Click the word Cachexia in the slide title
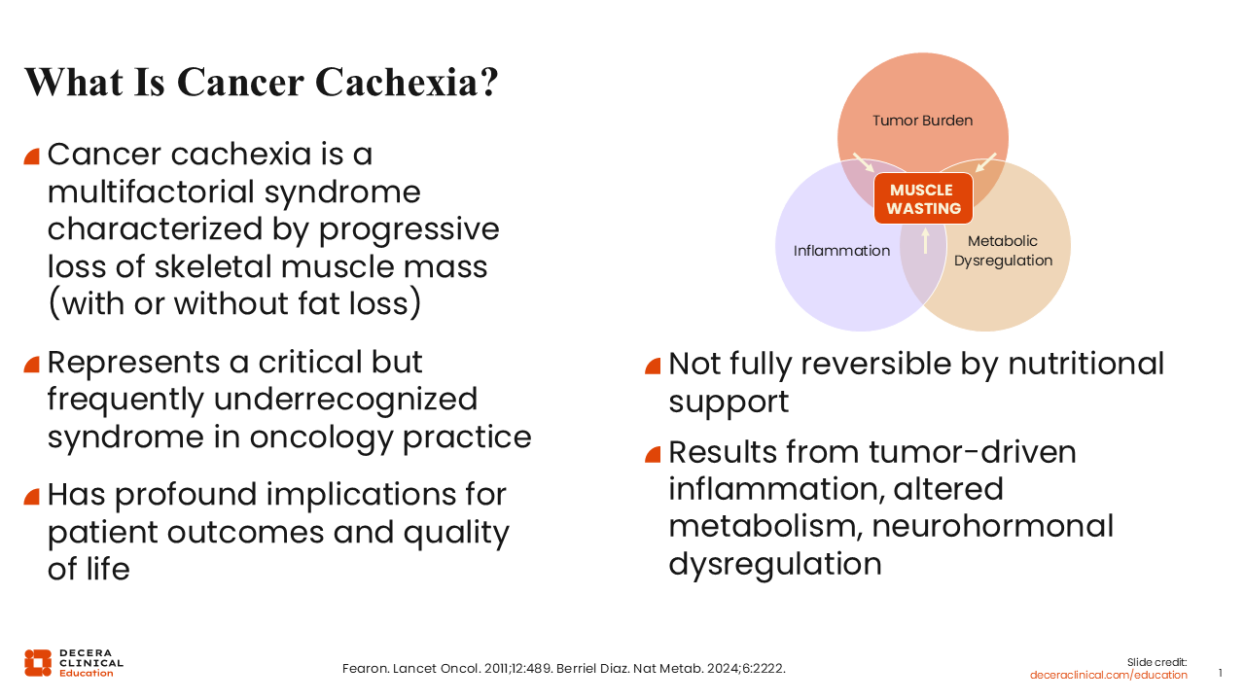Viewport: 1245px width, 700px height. pos(407,83)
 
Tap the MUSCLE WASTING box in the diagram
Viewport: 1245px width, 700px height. pos(923,199)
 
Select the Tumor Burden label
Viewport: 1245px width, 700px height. pos(923,121)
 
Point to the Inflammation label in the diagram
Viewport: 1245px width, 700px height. pos(841,251)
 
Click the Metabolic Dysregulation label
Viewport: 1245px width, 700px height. pos(1003,251)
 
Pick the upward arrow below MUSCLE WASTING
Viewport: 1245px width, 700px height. pos(925,240)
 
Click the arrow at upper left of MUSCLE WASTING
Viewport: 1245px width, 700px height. pos(863,162)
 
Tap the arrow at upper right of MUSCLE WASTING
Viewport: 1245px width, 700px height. pos(986,162)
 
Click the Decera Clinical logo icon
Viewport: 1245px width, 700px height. pos(38,663)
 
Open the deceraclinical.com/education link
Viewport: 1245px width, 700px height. pos(1108,675)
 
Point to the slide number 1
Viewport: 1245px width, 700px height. pos(1220,673)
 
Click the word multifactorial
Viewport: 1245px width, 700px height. pos(151,192)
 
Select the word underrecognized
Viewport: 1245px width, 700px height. pos(345,400)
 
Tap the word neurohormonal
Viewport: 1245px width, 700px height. pos(993,526)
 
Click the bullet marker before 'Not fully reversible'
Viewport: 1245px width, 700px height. pos(653,367)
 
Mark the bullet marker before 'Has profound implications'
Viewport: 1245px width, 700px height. pos(32,496)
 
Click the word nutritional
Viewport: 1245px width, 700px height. pos(1086,364)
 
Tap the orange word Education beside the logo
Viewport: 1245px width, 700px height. pos(87,674)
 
